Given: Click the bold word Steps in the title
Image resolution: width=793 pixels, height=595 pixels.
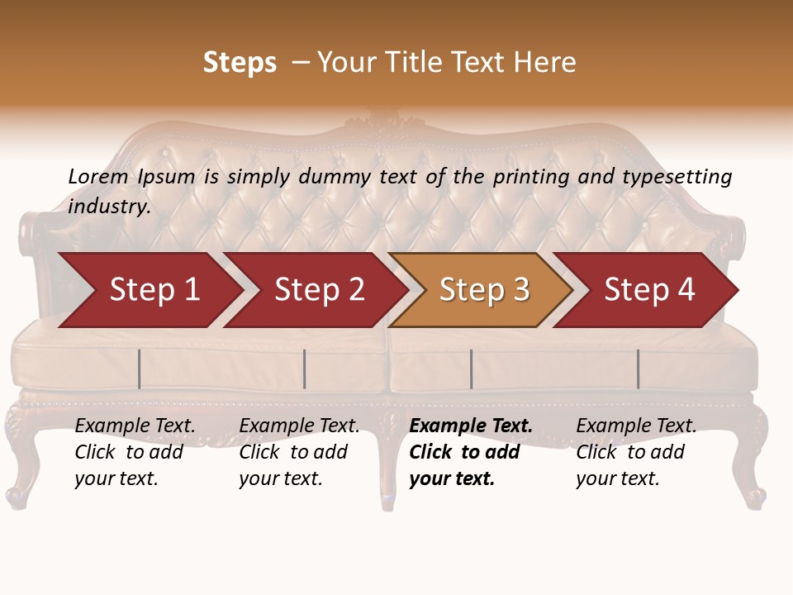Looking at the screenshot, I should [240, 63].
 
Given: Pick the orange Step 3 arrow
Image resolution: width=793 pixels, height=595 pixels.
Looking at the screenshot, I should [484, 290].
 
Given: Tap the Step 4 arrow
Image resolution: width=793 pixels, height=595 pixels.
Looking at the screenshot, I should [649, 290].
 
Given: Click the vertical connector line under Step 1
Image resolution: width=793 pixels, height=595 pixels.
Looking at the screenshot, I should [140, 369].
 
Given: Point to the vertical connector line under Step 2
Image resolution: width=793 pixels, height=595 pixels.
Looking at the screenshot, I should [305, 369].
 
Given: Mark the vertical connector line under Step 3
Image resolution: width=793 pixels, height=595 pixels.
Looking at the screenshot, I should [471, 369].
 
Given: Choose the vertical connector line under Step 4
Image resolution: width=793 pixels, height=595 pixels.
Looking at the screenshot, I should [638, 369].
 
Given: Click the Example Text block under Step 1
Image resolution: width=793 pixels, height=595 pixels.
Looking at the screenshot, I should [135, 452].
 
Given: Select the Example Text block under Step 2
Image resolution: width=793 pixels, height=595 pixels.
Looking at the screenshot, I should [299, 452].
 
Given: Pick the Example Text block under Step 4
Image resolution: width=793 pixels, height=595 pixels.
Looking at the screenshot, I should [636, 452].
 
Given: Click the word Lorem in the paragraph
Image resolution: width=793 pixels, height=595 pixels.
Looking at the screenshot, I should [98, 176].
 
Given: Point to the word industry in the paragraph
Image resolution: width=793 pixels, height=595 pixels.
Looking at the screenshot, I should [109, 207].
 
